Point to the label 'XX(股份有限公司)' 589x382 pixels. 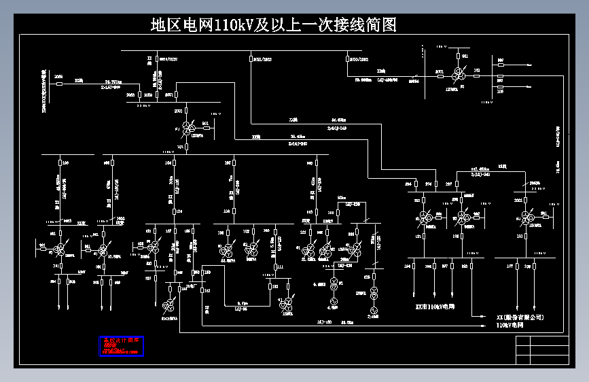(520, 317)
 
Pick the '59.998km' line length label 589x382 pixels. (363, 80)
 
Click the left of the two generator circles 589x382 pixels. (334, 283)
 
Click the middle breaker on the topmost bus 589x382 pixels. (251, 59)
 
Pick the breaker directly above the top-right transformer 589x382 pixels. (459, 56)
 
